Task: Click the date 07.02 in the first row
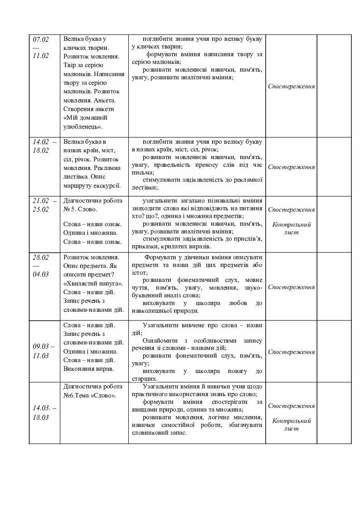tap(40, 39)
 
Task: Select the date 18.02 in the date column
tap(40, 150)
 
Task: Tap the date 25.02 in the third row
tap(40, 209)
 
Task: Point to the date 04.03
tap(40, 274)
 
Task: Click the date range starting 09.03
tap(44, 347)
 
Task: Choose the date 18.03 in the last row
tap(40, 417)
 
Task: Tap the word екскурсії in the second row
tap(105, 185)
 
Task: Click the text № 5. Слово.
tap(81, 209)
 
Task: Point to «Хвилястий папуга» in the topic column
tap(93, 283)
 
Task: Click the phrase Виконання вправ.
tap(89, 368)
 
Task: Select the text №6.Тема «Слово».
tap(90, 395)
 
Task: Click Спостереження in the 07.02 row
tap(291, 86)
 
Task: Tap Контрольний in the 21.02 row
tap(291, 224)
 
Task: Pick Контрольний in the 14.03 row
tap(291, 421)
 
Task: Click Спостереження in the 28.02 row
tap(291, 287)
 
